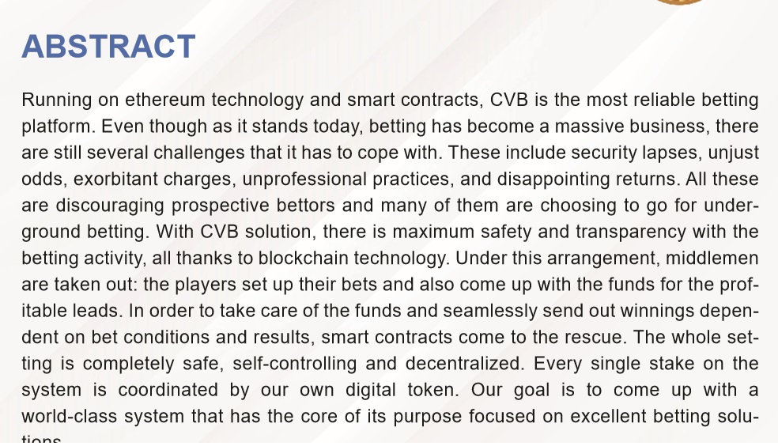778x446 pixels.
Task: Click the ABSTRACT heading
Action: tap(108, 47)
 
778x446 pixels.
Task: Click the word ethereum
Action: tap(164, 100)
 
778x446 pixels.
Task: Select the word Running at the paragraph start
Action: tap(57, 100)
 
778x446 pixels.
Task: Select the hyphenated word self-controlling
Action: tap(295, 364)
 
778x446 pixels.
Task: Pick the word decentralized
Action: tap(465, 363)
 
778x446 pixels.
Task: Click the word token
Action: tap(432, 389)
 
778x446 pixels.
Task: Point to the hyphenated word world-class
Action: tap(70, 416)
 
